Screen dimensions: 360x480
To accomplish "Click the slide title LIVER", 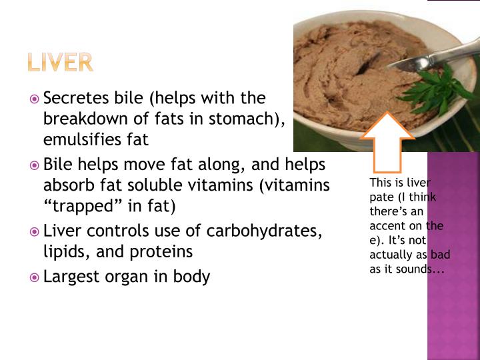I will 60,62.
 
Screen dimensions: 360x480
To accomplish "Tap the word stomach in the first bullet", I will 249,119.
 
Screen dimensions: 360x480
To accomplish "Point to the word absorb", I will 67,185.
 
